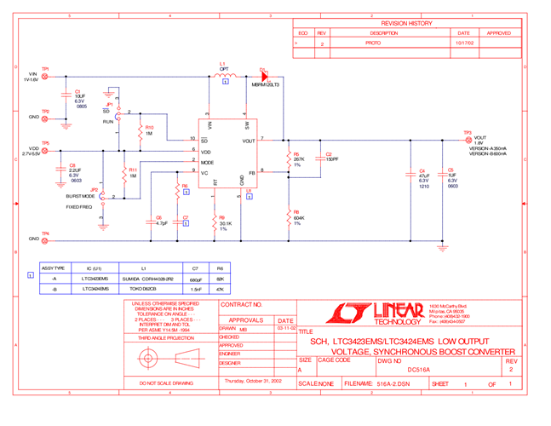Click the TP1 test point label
[46, 69]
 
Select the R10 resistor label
[150, 128]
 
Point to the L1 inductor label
[222, 64]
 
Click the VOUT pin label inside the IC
[248, 141]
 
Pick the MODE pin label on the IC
[207, 162]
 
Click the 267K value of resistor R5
[299, 159]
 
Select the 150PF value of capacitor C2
[331, 159]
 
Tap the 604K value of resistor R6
[299, 217]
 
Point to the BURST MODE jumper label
[81, 196]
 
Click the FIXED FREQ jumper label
[79, 207]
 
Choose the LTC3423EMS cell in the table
[95, 279]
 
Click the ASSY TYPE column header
[54, 268]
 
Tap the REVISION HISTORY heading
[406, 24]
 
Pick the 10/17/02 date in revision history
[464, 42]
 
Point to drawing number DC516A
[418, 370]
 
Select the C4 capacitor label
[422, 171]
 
